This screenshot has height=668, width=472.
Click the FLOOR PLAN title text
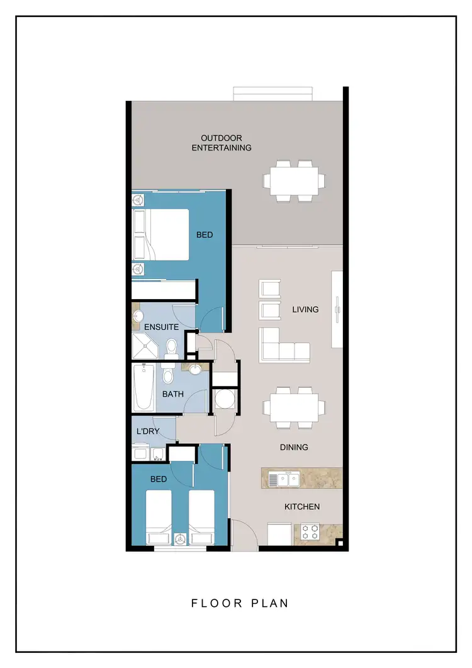[240, 603]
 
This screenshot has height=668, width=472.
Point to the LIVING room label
[305, 309]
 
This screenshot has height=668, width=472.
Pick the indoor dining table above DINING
[294, 407]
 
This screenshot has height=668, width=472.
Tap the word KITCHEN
[302, 506]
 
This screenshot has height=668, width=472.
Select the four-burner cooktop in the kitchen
[309, 533]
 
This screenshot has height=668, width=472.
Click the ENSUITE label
[162, 327]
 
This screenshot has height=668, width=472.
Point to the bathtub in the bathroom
[143, 387]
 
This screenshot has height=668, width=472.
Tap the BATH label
[173, 394]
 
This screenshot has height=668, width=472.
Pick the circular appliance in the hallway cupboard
[224, 400]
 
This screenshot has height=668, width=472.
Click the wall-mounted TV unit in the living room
[337, 309]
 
